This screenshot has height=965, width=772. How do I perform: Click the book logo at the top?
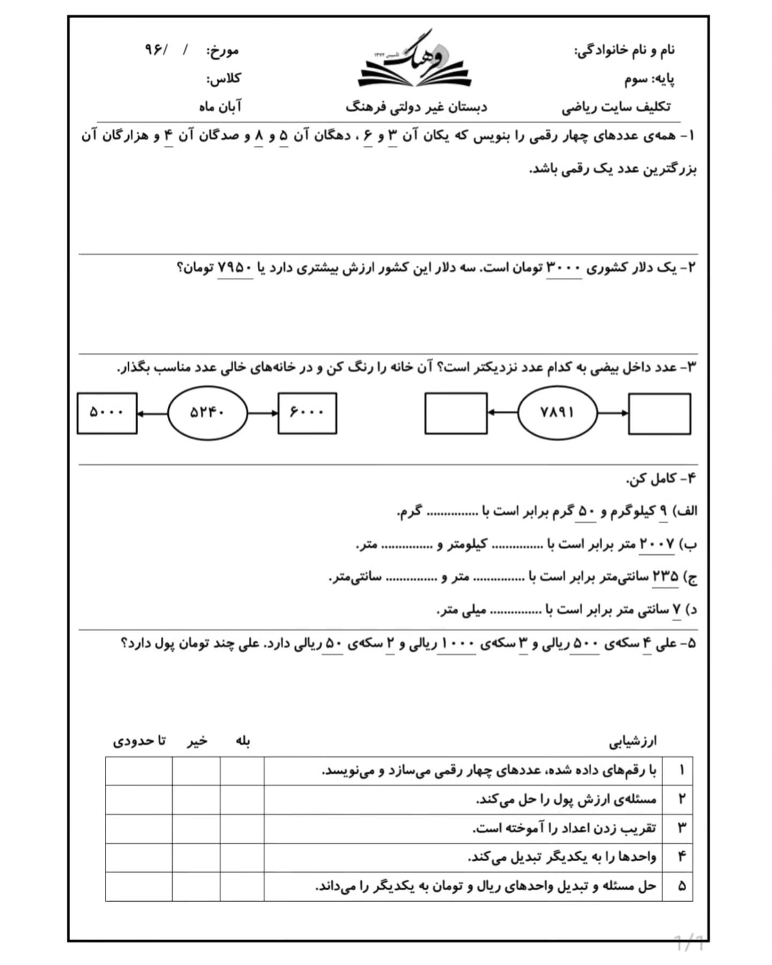414,62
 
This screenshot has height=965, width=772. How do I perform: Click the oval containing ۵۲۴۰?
207,413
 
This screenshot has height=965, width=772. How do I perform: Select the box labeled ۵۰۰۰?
107,413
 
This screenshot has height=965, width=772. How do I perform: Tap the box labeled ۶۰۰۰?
307,413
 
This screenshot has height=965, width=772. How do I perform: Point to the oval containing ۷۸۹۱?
557,413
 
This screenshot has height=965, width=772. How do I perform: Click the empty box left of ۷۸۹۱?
456,413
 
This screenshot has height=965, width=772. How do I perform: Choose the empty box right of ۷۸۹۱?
659,413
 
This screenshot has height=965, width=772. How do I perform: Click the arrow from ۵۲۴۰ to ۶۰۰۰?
263,413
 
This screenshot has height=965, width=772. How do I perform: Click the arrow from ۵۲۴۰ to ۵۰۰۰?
152,413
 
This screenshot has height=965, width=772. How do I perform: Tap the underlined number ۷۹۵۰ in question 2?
235,267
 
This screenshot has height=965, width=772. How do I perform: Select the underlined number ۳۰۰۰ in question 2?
563,267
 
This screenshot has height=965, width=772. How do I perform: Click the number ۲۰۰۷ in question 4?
657,544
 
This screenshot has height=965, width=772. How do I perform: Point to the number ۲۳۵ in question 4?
665,577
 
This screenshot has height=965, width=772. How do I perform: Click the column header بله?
243,741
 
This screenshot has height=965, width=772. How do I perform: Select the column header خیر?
197,741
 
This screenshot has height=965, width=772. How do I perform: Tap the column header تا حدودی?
139,741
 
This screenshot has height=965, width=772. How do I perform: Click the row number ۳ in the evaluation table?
681,828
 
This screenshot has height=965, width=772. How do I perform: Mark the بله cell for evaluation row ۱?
242,771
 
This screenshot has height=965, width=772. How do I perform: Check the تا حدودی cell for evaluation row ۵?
139,886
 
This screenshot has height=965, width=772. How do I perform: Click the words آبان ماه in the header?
220,107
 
